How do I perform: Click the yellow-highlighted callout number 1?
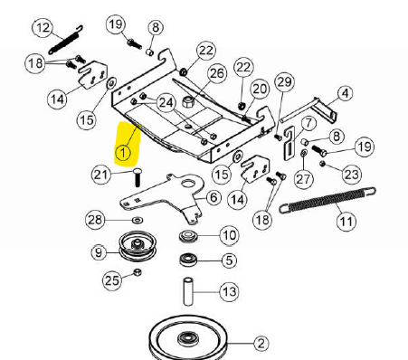123,153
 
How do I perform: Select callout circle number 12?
43,28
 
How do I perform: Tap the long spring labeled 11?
327,200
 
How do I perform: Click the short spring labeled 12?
66,40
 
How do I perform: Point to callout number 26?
217,73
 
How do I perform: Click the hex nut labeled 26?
188,100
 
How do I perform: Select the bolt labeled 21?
138,177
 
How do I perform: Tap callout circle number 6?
213,198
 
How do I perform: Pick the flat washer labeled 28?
138,220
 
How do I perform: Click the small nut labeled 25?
138,272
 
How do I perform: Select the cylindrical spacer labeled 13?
188,292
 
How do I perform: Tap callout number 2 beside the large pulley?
261,343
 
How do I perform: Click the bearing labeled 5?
188,260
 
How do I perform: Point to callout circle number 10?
230,235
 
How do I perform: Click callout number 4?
345,93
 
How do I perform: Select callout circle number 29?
284,82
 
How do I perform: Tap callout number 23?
352,175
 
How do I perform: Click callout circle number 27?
303,179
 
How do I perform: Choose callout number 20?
260,89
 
